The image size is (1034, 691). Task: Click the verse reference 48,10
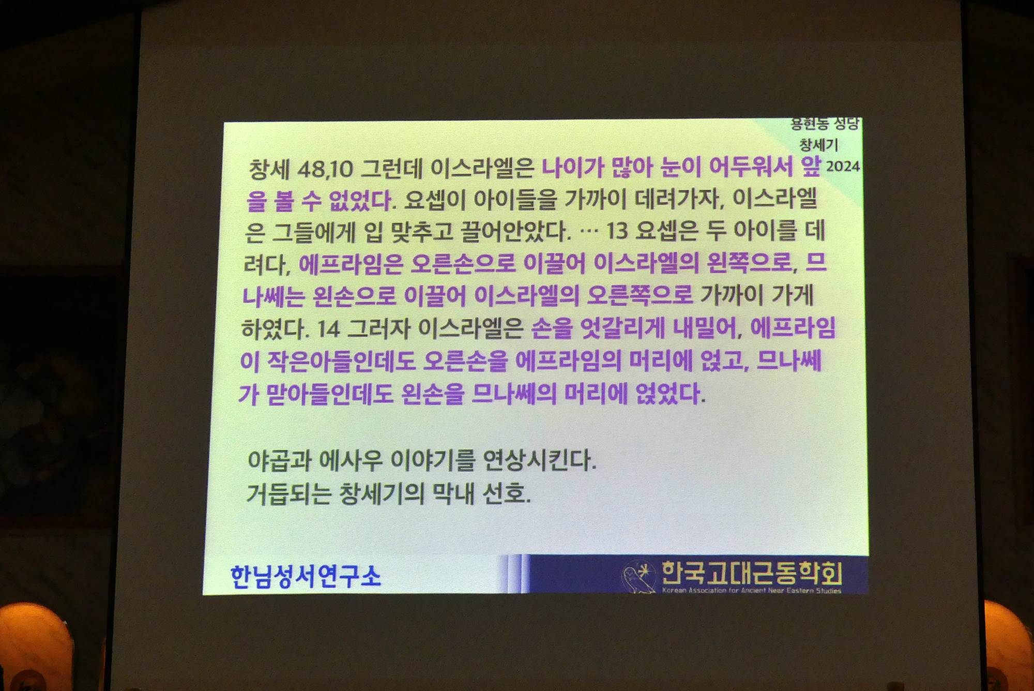click(325, 169)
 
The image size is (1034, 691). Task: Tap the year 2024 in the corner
click(843, 166)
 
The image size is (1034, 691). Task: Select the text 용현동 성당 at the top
click(825, 124)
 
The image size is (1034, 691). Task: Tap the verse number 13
click(616, 231)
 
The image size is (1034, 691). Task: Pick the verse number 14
click(328, 329)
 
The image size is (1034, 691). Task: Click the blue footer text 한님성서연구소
click(306, 576)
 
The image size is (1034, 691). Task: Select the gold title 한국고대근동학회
click(752, 573)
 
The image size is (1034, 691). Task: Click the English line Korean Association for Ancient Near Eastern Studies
click(752, 590)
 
